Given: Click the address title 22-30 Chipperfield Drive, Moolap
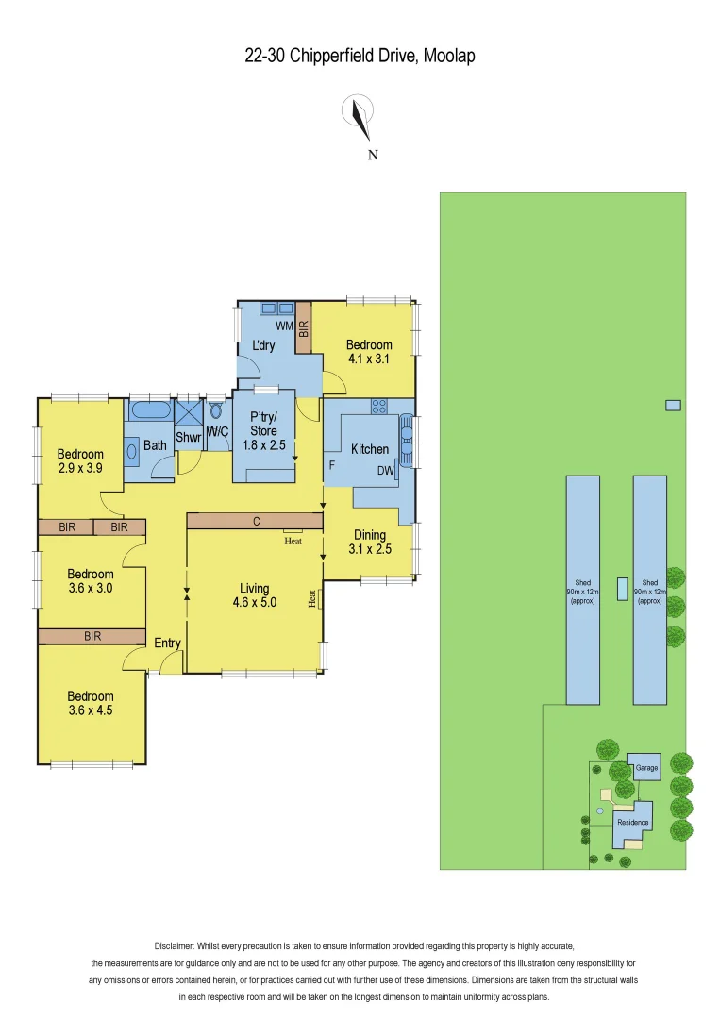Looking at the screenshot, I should [x=360, y=57].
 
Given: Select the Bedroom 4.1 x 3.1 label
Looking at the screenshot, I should [x=369, y=351].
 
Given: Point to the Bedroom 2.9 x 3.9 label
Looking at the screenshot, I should [x=80, y=459].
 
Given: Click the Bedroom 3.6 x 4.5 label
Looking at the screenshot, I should [x=91, y=703].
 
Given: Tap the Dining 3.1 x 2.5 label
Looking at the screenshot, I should [x=370, y=542].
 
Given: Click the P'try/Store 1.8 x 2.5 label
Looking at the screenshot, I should [x=263, y=430].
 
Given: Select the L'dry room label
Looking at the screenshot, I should [x=263, y=346].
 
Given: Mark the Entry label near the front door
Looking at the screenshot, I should [x=167, y=643].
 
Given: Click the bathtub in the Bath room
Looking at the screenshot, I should [x=150, y=410].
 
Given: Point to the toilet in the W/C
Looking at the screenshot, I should [x=216, y=411].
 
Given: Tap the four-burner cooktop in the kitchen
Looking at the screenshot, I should [x=379, y=407].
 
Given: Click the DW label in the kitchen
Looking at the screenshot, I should [x=385, y=470].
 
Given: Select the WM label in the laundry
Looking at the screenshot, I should [x=283, y=326].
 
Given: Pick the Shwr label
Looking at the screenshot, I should [x=188, y=437].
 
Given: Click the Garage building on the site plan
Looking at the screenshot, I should [x=646, y=768].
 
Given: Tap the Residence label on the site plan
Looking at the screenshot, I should [x=632, y=822].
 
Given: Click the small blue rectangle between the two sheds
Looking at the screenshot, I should [x=622, y=588].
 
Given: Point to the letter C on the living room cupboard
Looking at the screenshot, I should [x=255, y=521].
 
